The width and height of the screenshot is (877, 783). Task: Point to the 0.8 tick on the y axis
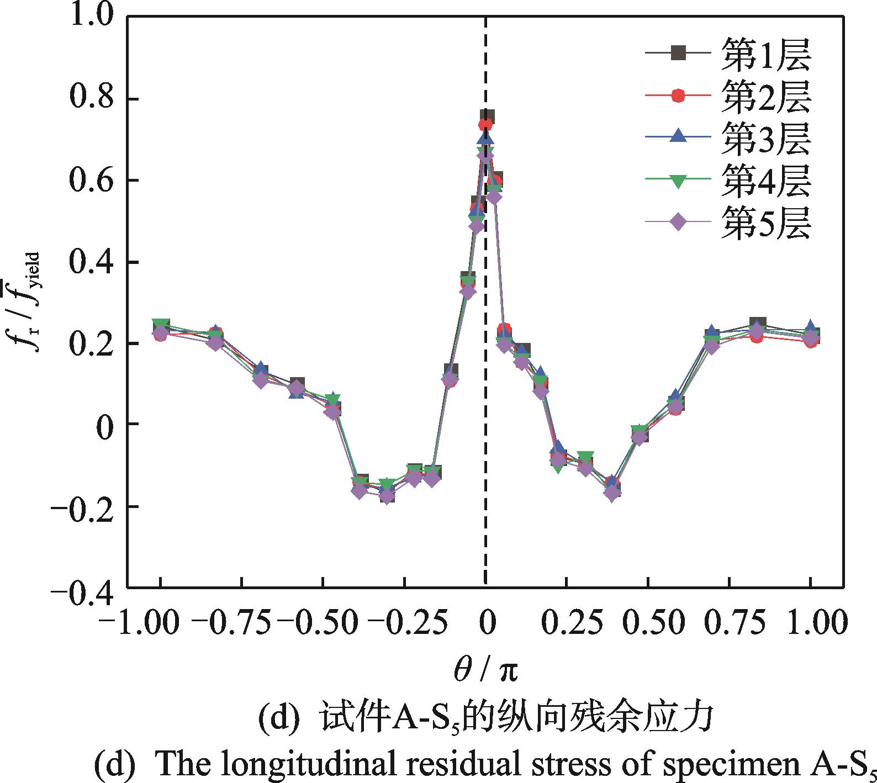coord(89,99)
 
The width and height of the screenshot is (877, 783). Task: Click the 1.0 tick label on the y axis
coord(89,17)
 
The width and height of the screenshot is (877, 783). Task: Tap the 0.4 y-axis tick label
coord(89,262)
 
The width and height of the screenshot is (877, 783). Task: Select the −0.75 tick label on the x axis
coord(230,622)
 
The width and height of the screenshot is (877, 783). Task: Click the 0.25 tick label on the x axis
coord(567,622)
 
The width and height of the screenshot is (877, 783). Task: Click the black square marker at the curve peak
coord(487,117)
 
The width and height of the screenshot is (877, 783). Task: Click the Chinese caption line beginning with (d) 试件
coord(484,720)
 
